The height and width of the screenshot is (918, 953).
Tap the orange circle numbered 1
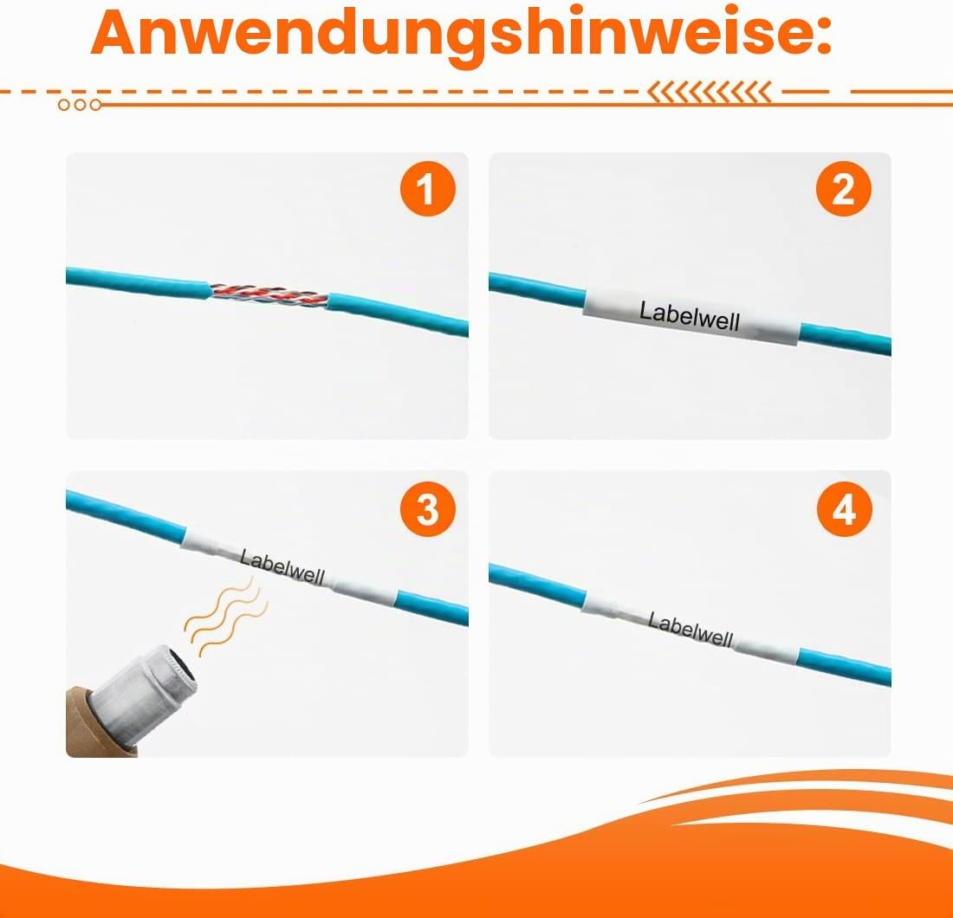coord(427,189)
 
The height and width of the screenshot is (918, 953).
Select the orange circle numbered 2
coord(844,189)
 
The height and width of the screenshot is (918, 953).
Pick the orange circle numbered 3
coord(427,509)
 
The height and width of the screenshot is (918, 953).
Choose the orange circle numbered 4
coord(844,509)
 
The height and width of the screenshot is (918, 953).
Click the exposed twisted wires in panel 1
coord(269,294)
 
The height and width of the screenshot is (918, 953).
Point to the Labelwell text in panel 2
coord(690,316)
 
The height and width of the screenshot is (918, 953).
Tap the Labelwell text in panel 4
coord(690,630)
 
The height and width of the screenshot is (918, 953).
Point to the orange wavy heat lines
coord(226,617)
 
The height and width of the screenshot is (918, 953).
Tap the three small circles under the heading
coord(80,105)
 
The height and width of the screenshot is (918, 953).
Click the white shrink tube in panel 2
coord(691,316)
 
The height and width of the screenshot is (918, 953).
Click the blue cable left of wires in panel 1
coord(138,283)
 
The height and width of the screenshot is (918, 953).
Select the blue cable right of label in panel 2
coord(845,339)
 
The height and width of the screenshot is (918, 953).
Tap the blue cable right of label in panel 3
coord(432,606)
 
